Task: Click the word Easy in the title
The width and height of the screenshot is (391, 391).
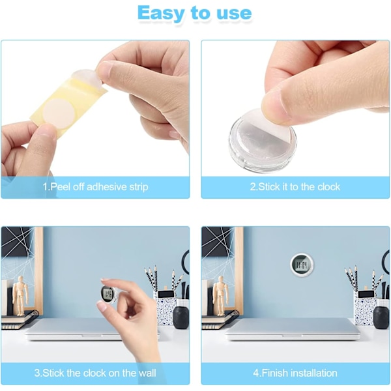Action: click(x=161, y=14)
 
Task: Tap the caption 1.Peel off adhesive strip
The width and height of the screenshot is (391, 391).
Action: click(x=95, y=187)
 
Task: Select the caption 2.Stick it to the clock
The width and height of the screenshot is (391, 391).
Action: click(x=295, y=187)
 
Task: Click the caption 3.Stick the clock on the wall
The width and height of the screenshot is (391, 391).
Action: click(x=95, y=373)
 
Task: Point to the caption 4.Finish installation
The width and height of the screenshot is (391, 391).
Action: click(x=295, y=373)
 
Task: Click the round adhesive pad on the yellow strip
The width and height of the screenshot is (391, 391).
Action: click(x=58, y=111)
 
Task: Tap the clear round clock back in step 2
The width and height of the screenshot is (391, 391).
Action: click(x=263, y=139)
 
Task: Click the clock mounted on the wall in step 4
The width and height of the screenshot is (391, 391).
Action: click(x=302, y=265)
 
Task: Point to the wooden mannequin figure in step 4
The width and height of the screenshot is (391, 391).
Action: click(x=220, y=296)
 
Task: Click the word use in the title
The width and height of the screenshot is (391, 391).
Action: click(x=234, y=14)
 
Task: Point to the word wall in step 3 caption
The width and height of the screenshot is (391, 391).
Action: click(x=147, y=373)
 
